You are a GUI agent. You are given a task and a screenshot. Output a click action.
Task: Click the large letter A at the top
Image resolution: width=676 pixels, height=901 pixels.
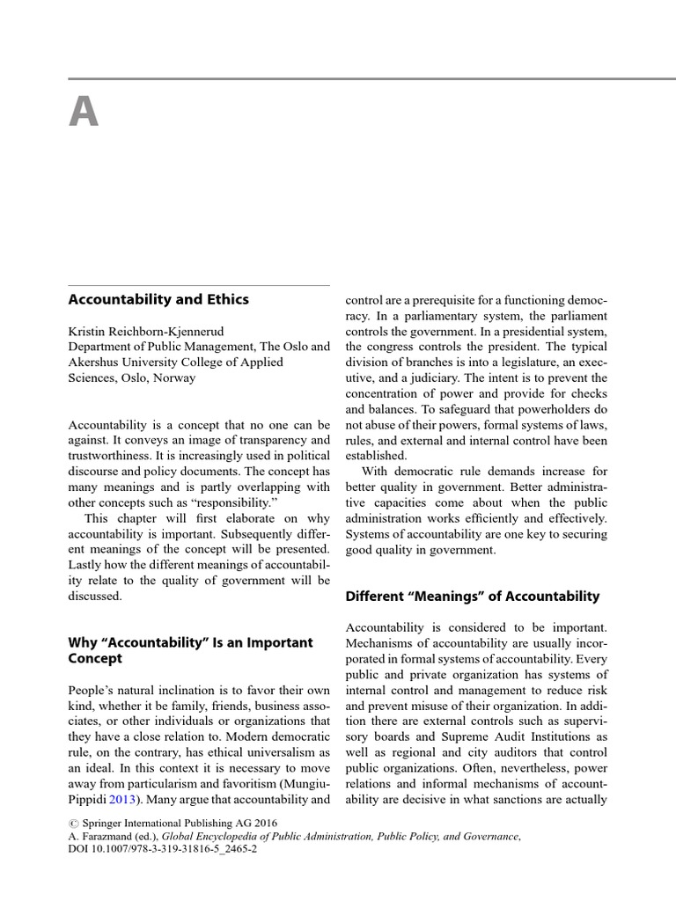click(84, 112)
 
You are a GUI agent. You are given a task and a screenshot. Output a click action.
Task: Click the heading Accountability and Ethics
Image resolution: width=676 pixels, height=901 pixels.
click(158, 299)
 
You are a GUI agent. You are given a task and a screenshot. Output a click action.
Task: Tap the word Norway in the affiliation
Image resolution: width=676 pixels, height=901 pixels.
click(173, 378)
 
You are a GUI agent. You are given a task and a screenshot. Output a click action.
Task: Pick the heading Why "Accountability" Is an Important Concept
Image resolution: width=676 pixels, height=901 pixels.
click(190, 650)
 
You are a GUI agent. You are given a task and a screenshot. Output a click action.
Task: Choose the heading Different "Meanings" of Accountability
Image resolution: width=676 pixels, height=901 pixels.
click(472, 597)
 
